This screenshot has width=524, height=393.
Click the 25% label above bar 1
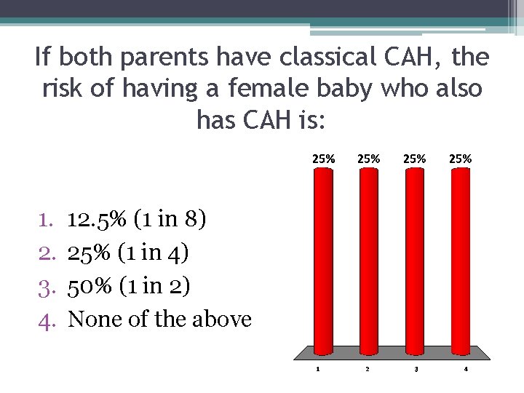(x=324, y=158)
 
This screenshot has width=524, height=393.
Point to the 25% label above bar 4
(x=461, y=158)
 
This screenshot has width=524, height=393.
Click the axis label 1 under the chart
(x=318, y=368)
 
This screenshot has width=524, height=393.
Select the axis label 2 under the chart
(x=367, y=368)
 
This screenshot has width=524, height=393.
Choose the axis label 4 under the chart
(x=466, y=368)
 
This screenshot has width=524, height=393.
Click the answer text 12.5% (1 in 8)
(x=137, y=219)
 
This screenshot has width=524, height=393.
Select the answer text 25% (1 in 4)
(x=128, y=253)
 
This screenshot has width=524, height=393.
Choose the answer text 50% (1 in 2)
(x=129, y=286)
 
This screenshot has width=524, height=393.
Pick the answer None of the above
(x=159, y=319)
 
